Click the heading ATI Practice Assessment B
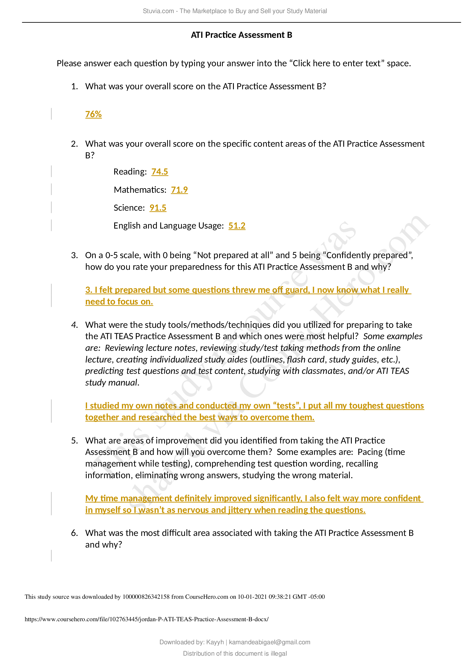241,35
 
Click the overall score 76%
93,114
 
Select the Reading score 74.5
159,172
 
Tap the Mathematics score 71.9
179,190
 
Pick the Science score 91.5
158,208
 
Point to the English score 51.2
237,226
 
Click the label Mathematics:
140,190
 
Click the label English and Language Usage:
169,226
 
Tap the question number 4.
74,325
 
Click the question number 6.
74,533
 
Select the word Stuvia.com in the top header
158,11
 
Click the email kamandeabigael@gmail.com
269,642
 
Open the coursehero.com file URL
146,619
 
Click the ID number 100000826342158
146,597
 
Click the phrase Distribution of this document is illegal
235,653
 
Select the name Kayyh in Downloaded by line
215,642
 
